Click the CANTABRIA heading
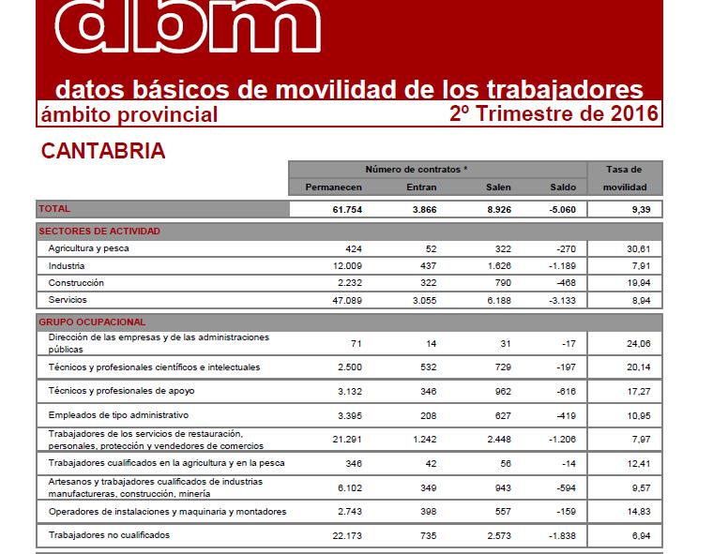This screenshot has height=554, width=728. point(103,152)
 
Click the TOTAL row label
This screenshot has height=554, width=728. point(54,209)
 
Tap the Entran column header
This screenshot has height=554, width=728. point(422,187)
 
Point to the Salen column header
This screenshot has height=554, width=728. point(498,187)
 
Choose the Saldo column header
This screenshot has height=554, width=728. point(563,187)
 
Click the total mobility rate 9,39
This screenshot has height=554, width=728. point(640,209)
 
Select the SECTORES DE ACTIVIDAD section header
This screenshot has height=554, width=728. point(99,231)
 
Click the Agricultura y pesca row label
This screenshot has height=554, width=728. point(88,248)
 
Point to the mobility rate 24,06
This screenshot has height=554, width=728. point(638,343)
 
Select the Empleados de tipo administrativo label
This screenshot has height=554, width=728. point(118,414)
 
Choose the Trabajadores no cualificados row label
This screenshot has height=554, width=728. point(109,535)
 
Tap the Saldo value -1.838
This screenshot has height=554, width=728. point(560,535)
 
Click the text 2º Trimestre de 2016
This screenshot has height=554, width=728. point(554,114)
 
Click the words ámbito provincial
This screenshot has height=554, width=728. point(129,115)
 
